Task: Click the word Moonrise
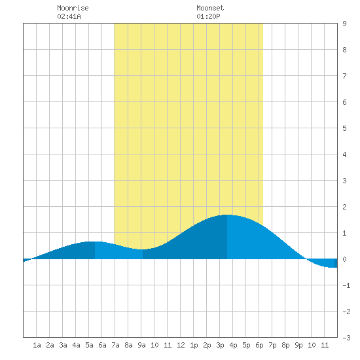tap(73, 8)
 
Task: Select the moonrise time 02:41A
tap(69, 16)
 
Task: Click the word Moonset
tap(210, 8)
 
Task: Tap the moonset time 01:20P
tap(208, 16)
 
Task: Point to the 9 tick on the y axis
tap(344, 24)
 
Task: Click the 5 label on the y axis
tap(344, 128)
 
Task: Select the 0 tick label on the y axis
tap(344, 259)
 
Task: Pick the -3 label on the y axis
tap(346, 338)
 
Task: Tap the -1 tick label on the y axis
tap(346, 285)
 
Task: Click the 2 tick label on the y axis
tap(344, 207)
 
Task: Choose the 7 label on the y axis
tap(344, 76)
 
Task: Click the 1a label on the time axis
tap(37, 345)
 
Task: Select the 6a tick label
tap(102, 345)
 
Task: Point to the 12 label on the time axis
tap(181, 345)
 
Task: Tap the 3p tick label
tap(220, 345)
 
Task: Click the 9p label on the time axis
tap(298, 345)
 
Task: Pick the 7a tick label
tap(115, 345)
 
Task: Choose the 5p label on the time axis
tap(246, 345)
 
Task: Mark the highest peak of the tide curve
tap(227, 215)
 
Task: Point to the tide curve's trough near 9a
tap(143, 249)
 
